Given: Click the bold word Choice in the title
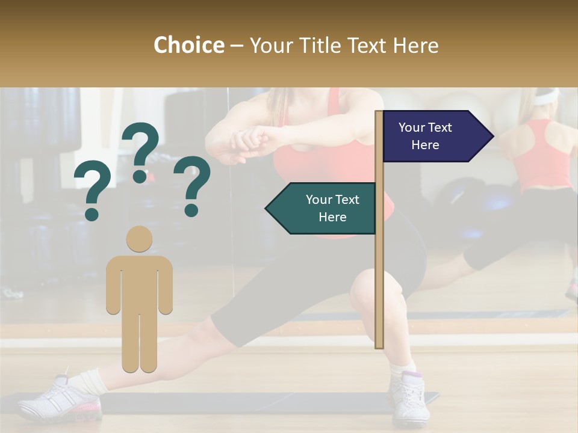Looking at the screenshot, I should [x=188, y=45].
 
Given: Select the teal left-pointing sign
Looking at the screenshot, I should [x=322, y=208].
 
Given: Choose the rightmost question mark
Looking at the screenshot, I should [x=192, y=185].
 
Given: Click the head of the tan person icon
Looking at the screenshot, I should [x=139, y=239].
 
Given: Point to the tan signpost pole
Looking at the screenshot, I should [x=379, y=271].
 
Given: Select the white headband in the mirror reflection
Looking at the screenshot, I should [x=545, y=96].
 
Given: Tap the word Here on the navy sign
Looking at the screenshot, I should [x=425, y=145].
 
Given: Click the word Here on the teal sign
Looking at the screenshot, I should [x=332, y=217].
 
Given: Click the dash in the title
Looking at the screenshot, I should [x=237, y=46].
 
